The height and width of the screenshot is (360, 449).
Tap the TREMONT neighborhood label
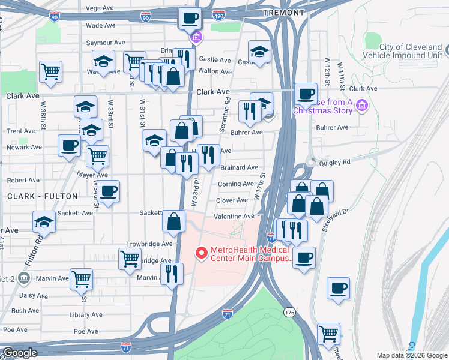283,12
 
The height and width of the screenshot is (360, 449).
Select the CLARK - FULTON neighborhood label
43,196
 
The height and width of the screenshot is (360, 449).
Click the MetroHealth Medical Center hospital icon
203,254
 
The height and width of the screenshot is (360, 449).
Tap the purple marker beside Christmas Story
361,106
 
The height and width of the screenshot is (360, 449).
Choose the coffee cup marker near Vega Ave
190,18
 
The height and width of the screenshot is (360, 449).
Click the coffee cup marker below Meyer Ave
108,191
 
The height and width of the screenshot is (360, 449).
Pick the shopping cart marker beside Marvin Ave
81,278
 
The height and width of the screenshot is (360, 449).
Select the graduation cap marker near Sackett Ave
44,221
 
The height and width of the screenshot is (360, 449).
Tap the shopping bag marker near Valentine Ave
173,221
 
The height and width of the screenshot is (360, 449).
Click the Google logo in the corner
19,353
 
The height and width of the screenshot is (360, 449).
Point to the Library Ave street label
85,315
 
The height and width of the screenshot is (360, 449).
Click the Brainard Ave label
239,168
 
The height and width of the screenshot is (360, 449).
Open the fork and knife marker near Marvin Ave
172,274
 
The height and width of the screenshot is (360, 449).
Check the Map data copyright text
411,355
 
